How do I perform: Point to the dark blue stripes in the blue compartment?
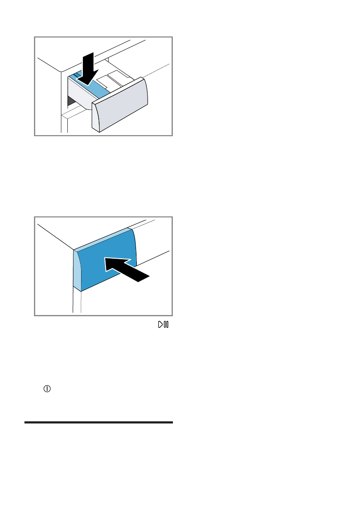point(77,76)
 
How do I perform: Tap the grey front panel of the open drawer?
point(120,105)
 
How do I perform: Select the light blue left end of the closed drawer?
point(77,271)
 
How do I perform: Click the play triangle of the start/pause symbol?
point(160,325)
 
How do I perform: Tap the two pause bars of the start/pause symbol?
point(166,325)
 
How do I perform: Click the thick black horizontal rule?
point(99,423)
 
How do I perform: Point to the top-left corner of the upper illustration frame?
point(35,37)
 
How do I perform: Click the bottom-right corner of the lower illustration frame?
point(172,316)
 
